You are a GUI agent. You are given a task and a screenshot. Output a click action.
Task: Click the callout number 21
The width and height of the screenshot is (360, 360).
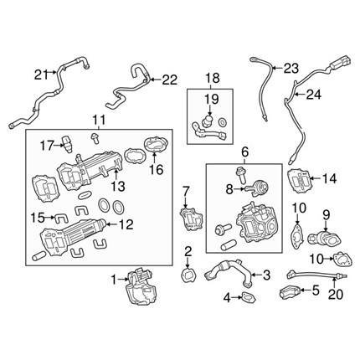[42, 75]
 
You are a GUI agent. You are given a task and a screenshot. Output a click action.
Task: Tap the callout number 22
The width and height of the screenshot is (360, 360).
[170, 80]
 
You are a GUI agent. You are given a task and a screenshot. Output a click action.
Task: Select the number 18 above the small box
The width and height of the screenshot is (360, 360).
[213, 78]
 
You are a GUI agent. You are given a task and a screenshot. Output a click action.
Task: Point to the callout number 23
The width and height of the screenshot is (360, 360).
[291, 68]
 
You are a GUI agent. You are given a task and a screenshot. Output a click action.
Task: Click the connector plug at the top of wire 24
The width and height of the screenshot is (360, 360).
[340, 63]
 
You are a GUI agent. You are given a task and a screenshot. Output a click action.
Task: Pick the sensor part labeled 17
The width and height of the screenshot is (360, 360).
[67, 144]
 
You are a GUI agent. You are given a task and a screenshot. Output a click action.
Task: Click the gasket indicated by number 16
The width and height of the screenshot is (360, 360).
[156, 144]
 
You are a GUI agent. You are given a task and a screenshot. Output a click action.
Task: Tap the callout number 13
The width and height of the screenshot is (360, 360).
[118, 186]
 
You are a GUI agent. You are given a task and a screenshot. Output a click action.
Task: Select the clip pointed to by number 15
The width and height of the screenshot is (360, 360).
[61, 218]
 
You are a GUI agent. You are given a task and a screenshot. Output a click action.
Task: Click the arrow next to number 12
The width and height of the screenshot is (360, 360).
[112, 224]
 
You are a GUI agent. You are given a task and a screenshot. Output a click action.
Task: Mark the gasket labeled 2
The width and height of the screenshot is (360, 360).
[188, 275]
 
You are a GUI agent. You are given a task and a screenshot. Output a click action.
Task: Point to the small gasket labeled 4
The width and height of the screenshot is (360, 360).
[249, 297]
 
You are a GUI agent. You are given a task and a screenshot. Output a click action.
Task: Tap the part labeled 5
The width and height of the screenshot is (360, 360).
[291, 291]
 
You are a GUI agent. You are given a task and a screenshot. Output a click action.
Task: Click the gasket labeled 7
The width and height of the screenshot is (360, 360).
[191, 219]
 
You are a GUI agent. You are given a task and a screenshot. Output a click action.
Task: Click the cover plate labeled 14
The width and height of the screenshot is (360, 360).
[299, 180]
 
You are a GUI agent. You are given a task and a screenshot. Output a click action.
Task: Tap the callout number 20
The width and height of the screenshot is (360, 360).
[336, 294]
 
